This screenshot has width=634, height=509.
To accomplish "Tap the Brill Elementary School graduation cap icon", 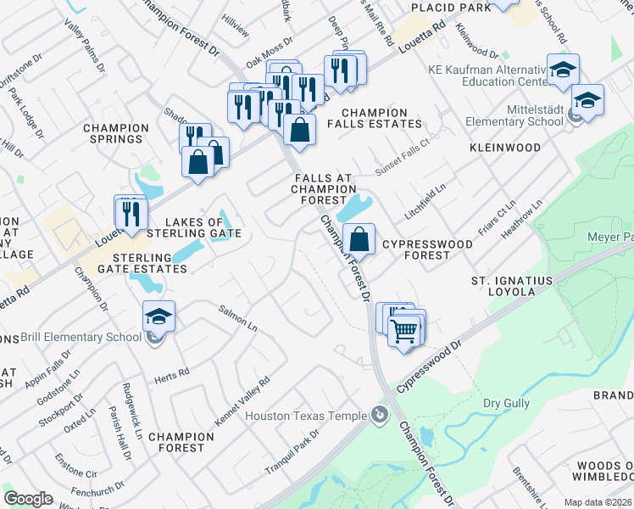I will pos(158,317).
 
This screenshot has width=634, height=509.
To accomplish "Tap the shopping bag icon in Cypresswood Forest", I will pos(359,240).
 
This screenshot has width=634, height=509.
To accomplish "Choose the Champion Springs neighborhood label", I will pos(116,133).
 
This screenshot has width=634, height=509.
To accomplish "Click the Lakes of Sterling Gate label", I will pos(195,227).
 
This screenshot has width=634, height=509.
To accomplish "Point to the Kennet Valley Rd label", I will pos(242,400).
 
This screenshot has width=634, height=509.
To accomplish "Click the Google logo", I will pos(28,499).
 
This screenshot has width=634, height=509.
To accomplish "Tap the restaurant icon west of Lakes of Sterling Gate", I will pos(131,212).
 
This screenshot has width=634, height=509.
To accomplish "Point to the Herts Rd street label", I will pos(173,376).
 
